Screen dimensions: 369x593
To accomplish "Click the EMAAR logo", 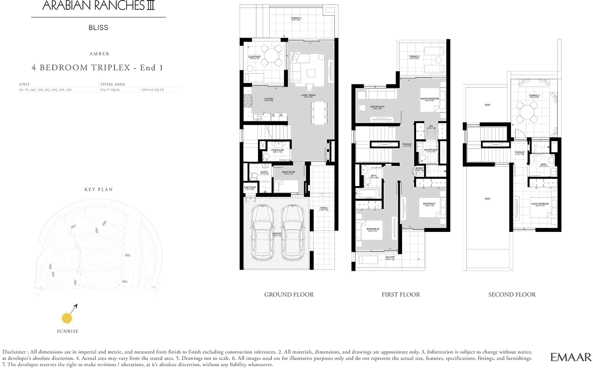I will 571,357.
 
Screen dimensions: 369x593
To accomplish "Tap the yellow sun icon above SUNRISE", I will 68,318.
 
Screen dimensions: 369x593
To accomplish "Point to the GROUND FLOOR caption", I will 289,294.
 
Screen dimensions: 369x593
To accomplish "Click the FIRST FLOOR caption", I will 401,294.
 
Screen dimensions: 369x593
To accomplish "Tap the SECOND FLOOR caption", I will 512,294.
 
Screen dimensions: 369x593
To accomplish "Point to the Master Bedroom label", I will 430,99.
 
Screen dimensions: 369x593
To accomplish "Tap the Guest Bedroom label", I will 540,204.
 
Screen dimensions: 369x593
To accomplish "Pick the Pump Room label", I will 250,188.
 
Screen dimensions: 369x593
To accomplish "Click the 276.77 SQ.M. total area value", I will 110,90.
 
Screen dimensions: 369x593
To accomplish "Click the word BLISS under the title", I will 98,27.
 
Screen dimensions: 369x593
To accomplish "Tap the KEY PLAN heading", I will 98,189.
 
